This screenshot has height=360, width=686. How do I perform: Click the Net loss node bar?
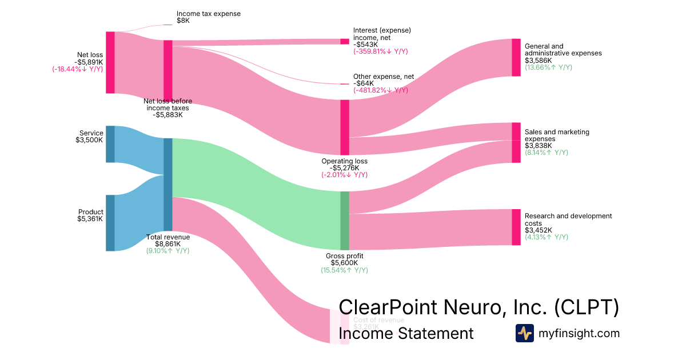110,62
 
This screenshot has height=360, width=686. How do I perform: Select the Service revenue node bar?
110,144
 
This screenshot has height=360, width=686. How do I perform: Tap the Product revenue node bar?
110,223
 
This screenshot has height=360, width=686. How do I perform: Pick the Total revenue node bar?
167,185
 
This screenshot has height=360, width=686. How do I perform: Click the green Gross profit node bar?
344,221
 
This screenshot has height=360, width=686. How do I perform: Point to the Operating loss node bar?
344,127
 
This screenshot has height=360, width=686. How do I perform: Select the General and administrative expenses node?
516,57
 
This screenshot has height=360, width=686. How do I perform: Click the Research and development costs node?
516,227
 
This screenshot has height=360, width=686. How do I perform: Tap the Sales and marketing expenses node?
516,142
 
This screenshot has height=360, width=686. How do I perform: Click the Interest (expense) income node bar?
344,41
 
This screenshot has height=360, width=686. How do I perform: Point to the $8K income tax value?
183,21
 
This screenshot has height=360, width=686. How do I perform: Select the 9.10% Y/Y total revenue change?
167,251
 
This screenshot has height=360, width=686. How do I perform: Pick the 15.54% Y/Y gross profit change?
344,270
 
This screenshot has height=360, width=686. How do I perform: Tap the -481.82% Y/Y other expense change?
380,90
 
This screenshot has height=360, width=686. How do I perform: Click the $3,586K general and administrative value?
538,60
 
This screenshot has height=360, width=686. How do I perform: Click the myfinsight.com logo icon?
524,333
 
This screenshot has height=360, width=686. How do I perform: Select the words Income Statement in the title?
406,333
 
